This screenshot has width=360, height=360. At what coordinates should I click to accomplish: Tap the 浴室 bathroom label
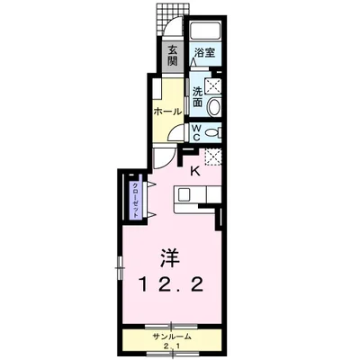pos(204,53)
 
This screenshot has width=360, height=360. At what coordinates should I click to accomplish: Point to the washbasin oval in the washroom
pos(214,106)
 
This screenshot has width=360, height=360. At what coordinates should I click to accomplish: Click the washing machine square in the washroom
pos(214,87)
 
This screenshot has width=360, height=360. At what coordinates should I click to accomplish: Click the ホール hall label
pos(166,112)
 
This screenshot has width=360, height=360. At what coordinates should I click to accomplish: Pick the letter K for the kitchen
pos(193,168)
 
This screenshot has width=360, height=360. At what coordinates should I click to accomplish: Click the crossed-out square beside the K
pos(213,156)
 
